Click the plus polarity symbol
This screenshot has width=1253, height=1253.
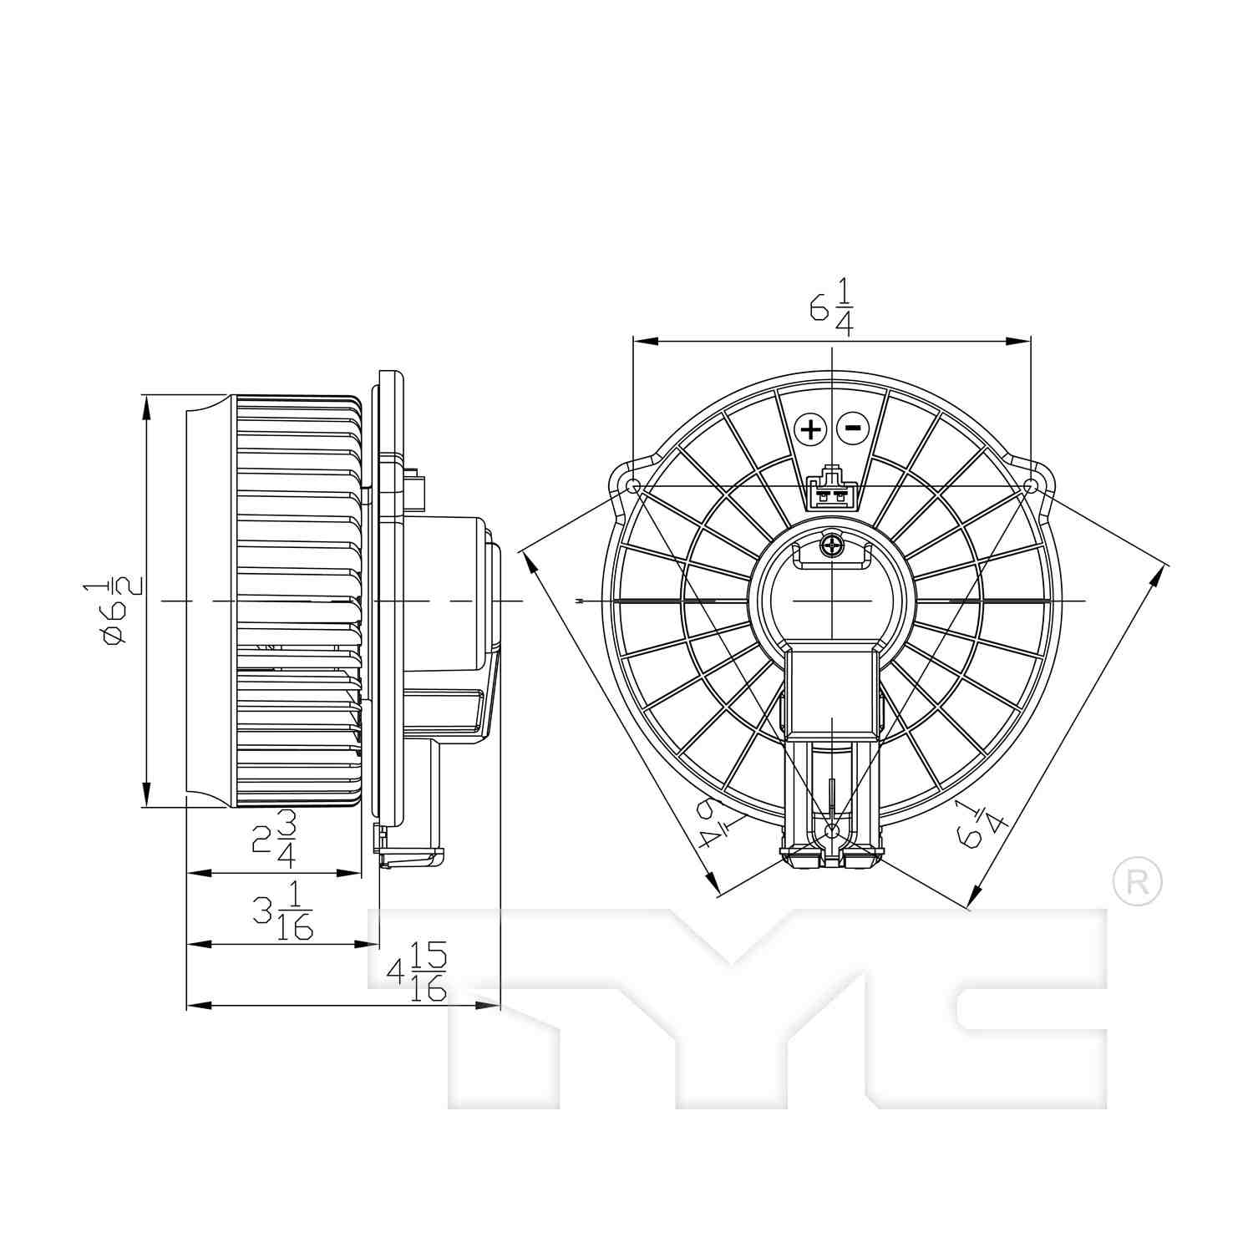click(x=810, y=429)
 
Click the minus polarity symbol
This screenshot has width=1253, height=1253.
click(x=853, y=429)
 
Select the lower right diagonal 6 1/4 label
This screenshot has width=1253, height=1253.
click(x=980, y=824)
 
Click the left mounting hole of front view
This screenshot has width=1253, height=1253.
click(x=633, y=485)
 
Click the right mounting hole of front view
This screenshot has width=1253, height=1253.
click(x=1032, y=485)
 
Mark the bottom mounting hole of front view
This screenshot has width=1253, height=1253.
click(x=831, y=830)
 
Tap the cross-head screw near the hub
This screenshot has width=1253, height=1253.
click(x=832, y=547)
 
